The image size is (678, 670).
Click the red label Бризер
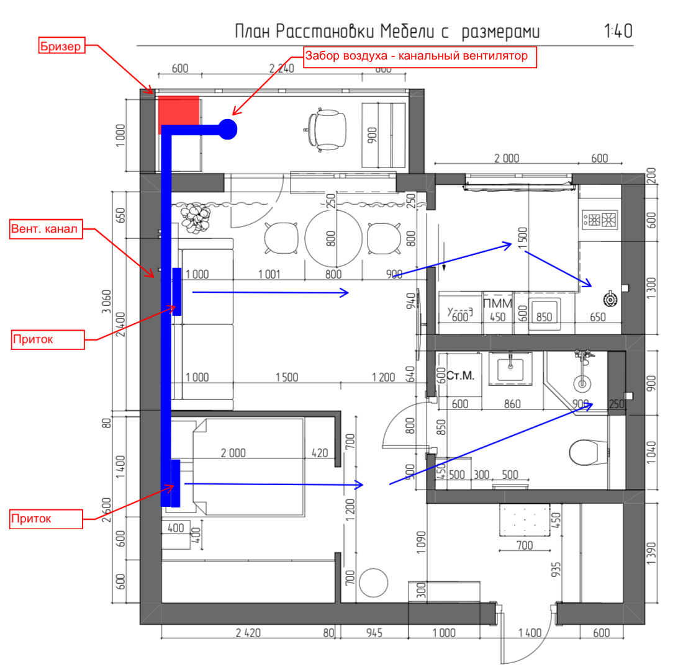point(61,47)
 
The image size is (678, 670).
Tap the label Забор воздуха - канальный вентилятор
point(419,56)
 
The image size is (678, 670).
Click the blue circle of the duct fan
point(227,129)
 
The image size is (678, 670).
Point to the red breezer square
point(179,110)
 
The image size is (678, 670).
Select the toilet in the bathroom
point(585,452)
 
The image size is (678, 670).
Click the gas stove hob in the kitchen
point(600,219)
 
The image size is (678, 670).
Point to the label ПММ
point(498,303)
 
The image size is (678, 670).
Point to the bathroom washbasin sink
point(510,369)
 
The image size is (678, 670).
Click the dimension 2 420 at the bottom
point(248,633)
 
